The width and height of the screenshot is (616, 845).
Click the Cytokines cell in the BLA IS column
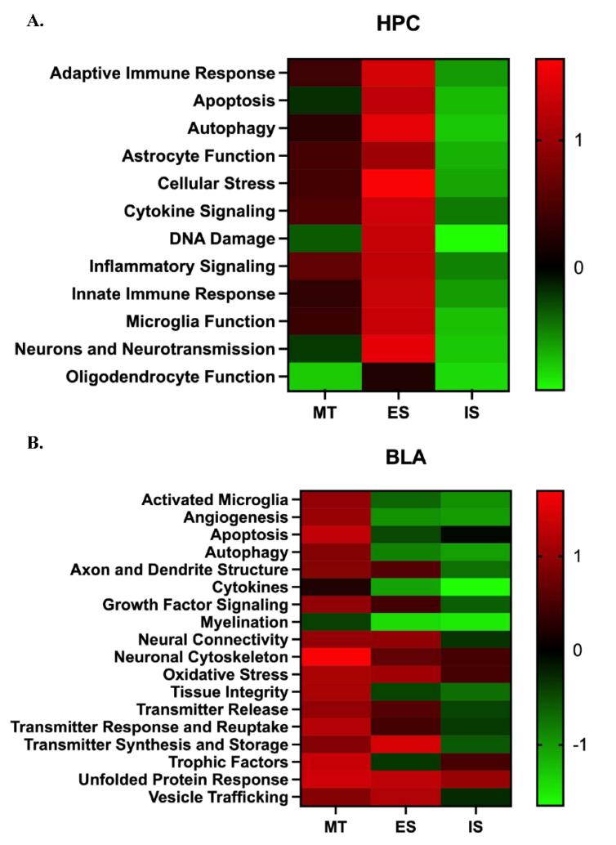coord(475,587)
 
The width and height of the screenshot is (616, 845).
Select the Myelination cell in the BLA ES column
coord(405,622)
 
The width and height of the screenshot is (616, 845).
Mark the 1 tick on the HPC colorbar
coord(578,141)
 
